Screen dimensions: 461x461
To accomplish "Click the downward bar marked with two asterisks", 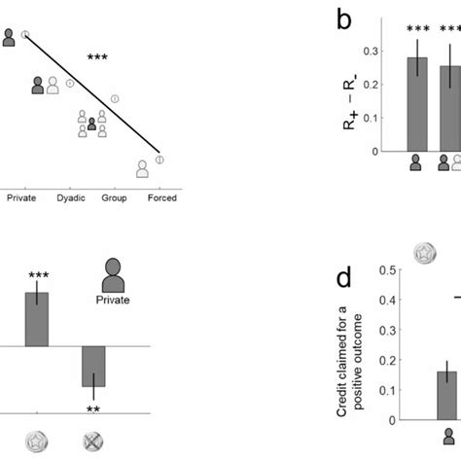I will [93, 367].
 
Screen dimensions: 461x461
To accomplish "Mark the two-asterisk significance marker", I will [93, 408].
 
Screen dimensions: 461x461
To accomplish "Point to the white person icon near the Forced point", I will [143, 168].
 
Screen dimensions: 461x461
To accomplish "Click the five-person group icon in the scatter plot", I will [91, 124].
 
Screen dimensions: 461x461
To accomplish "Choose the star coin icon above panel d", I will [424, 250].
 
